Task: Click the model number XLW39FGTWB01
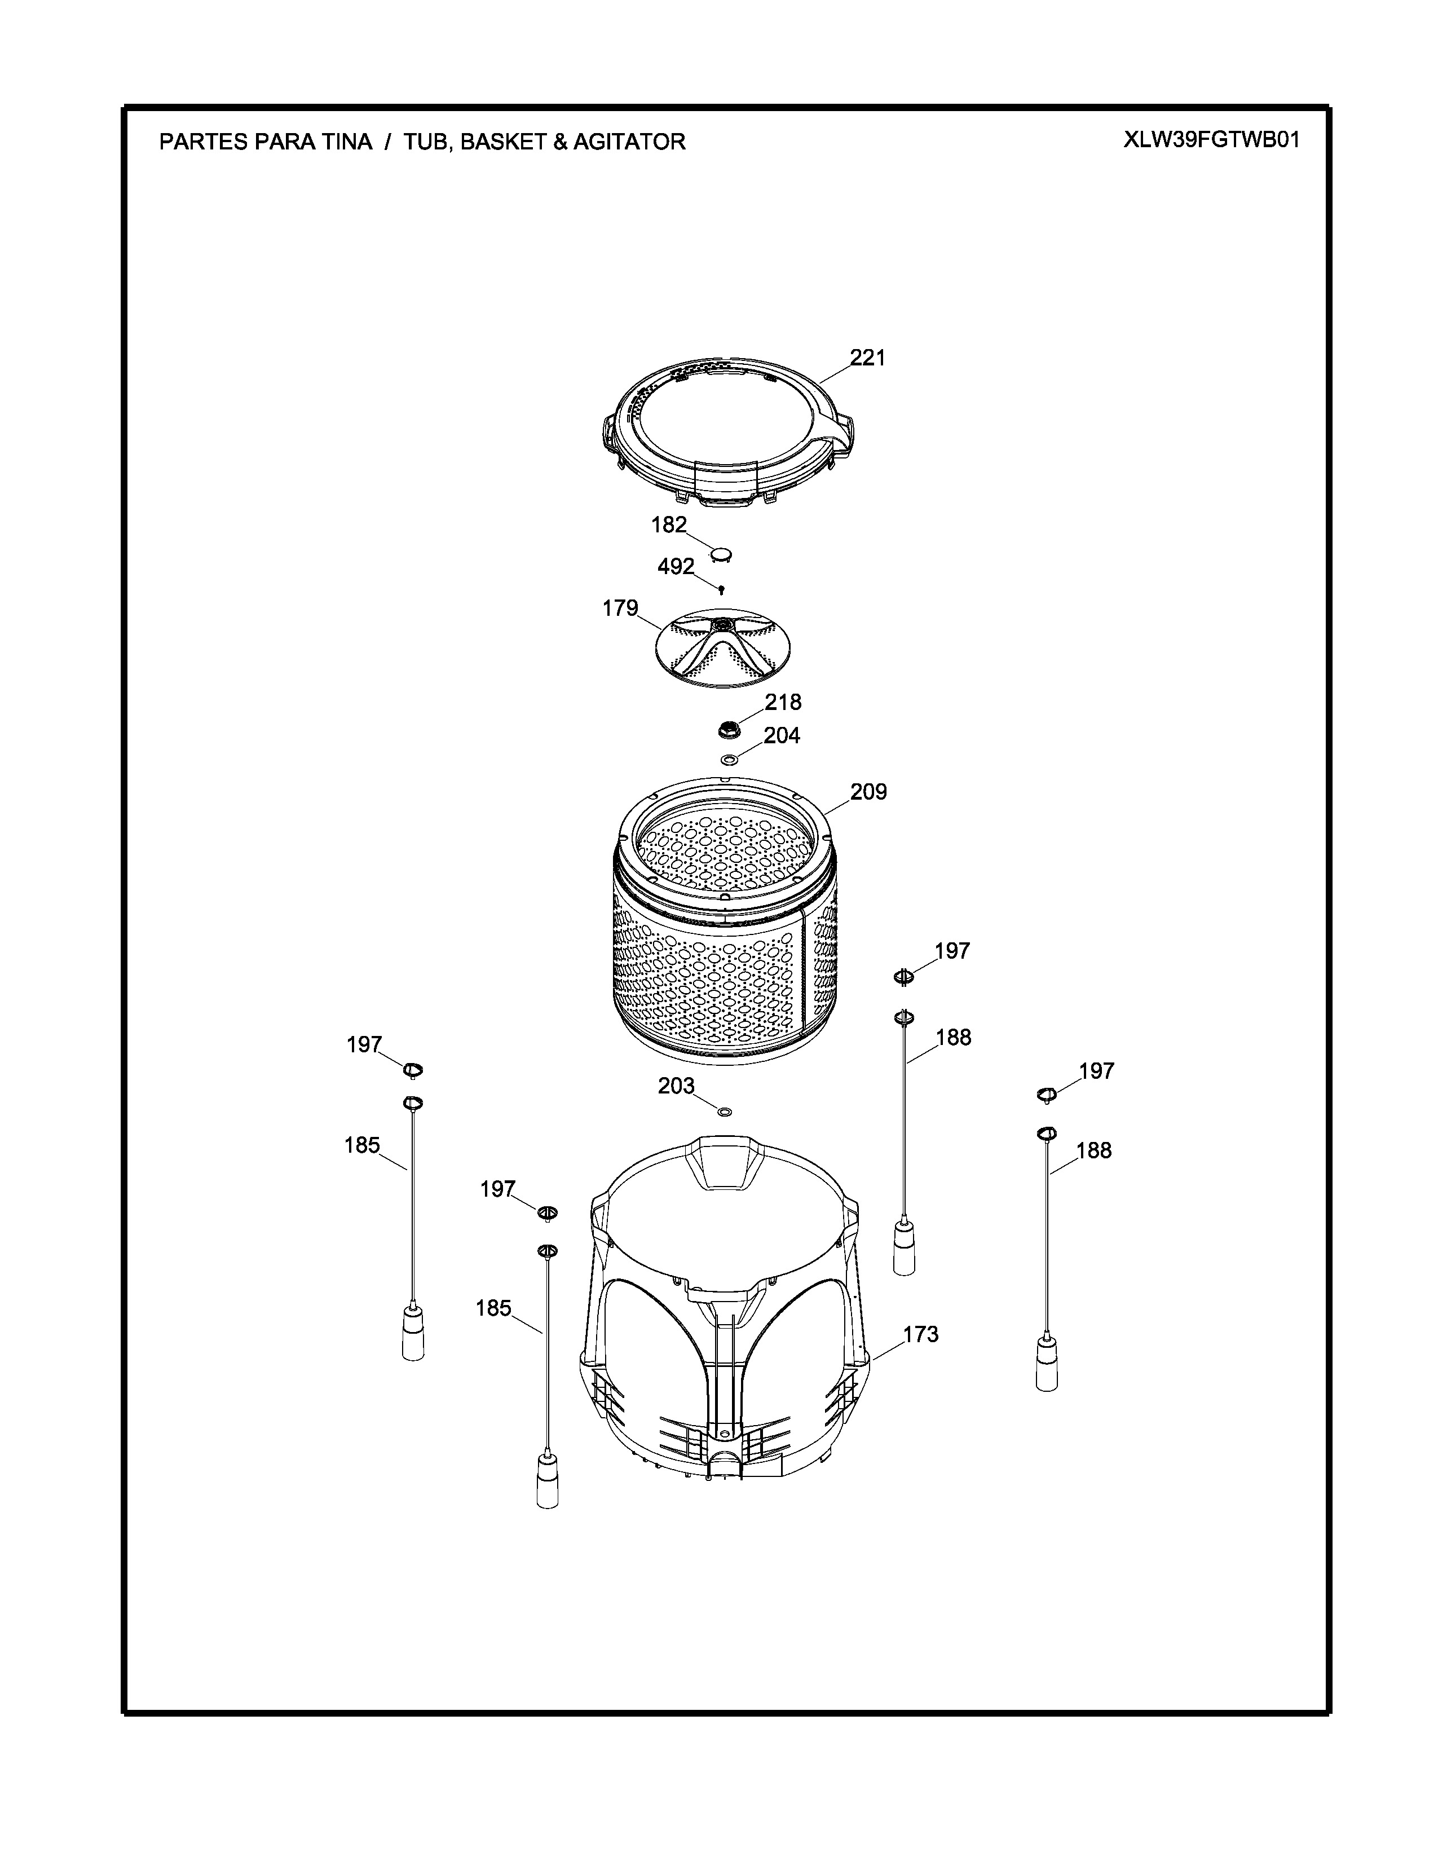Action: point(1211,140)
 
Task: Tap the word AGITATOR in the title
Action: point(629,142)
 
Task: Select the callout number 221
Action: point(868,358)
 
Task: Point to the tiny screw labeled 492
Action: point(722,589)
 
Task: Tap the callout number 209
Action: point(868,792)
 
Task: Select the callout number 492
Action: point(676,567)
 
